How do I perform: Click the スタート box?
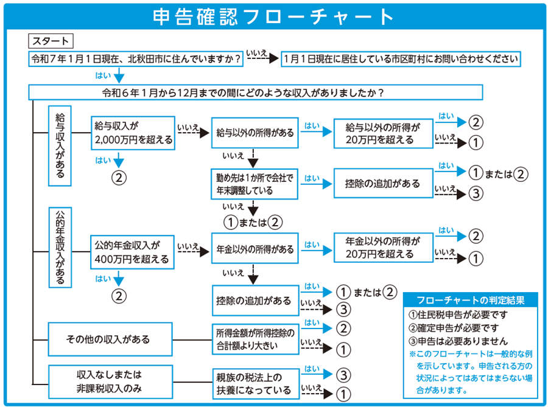pyautogui.click(x=51, y=41)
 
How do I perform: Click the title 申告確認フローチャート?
pyautogui.click(x=273, y=16)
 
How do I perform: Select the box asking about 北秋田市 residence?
pyautogui.click(x=136, y=58)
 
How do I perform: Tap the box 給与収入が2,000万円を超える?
pyautogui.click(x=133, y=133)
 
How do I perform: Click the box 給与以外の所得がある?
pyautogui.click(x=255, y=133)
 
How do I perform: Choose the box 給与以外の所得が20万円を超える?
pyautogui.click(x=384, y=133)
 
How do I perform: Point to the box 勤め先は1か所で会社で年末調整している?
pyautogui.click(x=255, y=184)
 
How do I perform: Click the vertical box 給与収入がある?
pyautogui.click(x=60, y=146)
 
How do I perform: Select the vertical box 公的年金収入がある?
pyautogui.click(x=60, y=248)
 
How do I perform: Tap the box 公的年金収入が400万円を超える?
pyautogui.click(x=132, y=252)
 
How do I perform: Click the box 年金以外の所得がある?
pyautogui.click(x=255, y=249)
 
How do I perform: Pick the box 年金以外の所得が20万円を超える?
pyautogui.click(x=384, y=248)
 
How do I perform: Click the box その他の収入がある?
pyautogui.click(x=110, y=339)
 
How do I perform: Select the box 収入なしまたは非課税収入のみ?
pyautogui.click(x=110, y=382)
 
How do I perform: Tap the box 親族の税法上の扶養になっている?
pyautogui.click(x=256, y=384)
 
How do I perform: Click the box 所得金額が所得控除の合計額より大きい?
pyautogui.click(x=256, y=339)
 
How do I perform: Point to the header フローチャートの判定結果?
pyautogui.click(x=471, y=300)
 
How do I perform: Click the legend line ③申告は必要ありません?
pyautogui.click(x=458, y=341)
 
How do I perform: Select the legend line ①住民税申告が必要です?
pyautogui.click(x=458, y=315)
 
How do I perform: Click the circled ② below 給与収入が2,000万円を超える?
pyautogui.click(x=119, y=178)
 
